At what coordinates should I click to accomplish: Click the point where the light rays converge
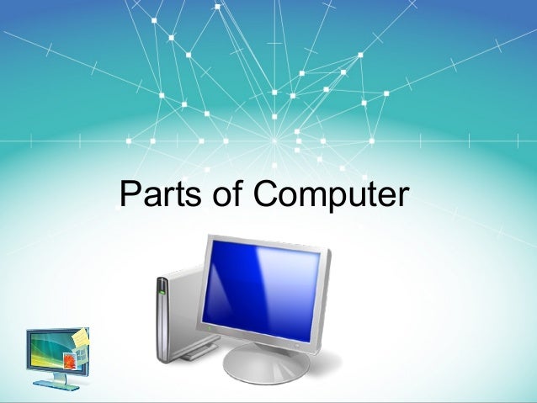(274, 139)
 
